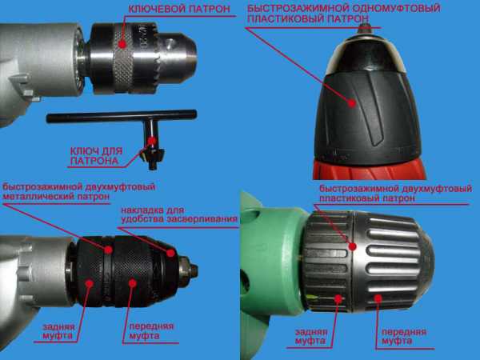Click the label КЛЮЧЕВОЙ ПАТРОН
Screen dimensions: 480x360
pyautogui.click(x=179, y=9)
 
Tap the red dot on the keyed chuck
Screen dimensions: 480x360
pyautogui.click(x=122, y=44)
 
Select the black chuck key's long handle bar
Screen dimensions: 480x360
pyautogui.click(x=122, y=116)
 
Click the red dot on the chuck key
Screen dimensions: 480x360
pyautogui.click(x=152, y=141)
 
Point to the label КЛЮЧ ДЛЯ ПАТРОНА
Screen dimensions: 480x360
pyautogui.click(x=97, y=156)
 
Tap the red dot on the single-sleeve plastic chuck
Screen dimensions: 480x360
pyautogui.click(x=352, y=103)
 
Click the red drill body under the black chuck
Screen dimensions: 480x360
pyautogui.click(x=369, y=170)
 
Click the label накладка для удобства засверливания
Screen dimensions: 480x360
pyautogui.click(x=179, y=214)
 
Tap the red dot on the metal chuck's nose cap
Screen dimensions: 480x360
pyautogui.click(x=171, y=253)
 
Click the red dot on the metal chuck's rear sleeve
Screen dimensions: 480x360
pyautogui.click(x=90, y=283)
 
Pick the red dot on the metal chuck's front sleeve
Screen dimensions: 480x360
pyautogui.click(x=132, y=283)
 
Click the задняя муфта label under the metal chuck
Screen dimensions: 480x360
pyautogui.click(x=58, y=331)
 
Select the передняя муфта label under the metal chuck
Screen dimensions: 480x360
pyautogui.click(x=151, y=331)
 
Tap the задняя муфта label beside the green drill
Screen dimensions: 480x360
pyautogui.click(x=311, y=336)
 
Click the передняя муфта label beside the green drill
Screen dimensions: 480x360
pyautogui.click(x=404, y=337)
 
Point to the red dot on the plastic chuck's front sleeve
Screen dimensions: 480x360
pyautogui.click(x=378, y=298)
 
